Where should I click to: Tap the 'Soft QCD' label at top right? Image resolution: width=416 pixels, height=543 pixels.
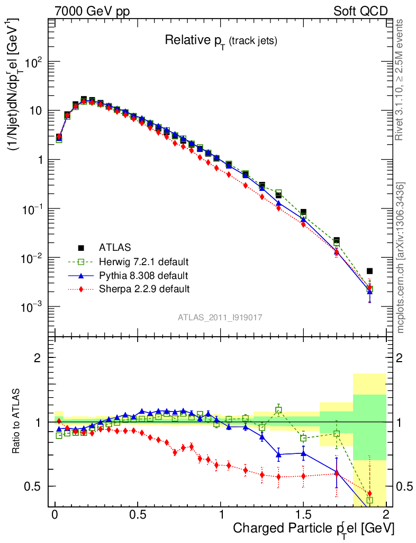pos(360,11)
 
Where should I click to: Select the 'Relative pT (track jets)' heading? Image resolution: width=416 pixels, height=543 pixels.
pos(221,40)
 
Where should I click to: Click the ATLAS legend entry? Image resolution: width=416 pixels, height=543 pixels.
pos(114,247)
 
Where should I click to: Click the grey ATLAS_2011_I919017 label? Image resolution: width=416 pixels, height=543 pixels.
pos(220,317)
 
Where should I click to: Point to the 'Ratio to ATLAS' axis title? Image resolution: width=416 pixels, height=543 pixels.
pos(17,421)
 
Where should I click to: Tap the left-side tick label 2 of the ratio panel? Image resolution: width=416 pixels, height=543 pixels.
pos(38,358)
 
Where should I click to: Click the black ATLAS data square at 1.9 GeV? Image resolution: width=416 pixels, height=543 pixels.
pos(369,271)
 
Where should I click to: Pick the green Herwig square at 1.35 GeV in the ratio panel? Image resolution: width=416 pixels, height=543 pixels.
pos(278,410)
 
